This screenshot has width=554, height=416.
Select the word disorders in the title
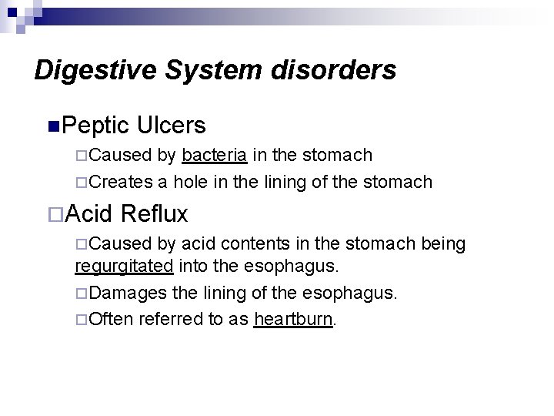pos(332,71)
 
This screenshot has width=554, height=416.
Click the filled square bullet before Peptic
pos(52,125)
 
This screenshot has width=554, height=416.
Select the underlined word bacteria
pos(215,156)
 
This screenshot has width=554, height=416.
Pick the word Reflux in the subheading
pos(159,212)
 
